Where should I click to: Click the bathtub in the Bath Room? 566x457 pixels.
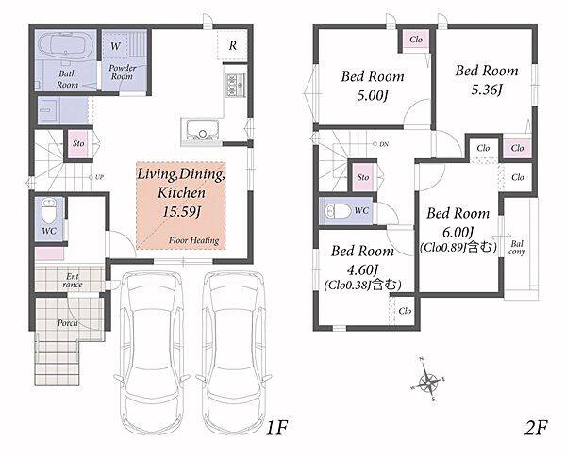tap(66, 45)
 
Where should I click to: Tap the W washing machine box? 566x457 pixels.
tap(115, 46)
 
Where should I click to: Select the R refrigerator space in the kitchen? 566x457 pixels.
tap(232, 45)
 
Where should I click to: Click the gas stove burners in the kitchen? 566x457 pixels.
tap(236, 85)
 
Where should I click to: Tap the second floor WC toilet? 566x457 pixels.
tap(338, 211)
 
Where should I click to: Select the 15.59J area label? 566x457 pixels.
tap(181, 212)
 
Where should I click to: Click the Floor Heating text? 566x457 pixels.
tap(193, 240)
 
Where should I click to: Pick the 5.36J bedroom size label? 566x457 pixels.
tap(487, 90)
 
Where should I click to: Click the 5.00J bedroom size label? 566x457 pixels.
tap(373, 95)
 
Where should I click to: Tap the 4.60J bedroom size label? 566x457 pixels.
tap(362, 269)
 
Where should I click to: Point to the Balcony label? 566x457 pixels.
tap(517, 248)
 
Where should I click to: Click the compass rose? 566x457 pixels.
tap(428, 380)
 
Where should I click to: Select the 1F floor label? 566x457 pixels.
tap(276, 428)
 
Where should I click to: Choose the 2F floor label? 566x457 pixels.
tap(536, 428)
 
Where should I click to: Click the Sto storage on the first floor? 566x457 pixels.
tap(78, 143)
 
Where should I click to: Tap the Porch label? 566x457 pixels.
tap(68, 323)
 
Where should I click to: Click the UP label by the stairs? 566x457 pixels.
tap(100, 177)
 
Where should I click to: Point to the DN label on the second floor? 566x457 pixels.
tap(384, 144)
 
